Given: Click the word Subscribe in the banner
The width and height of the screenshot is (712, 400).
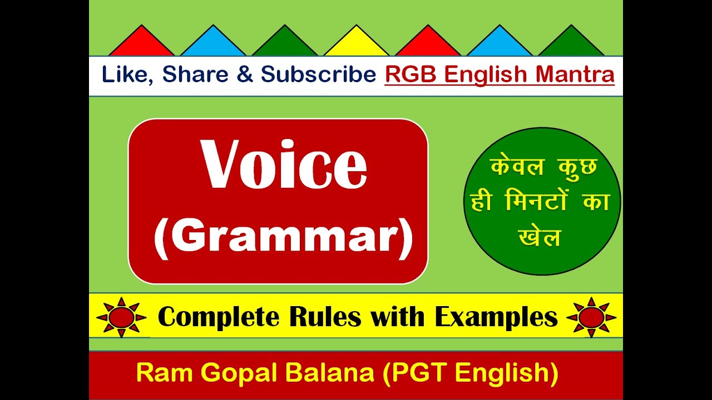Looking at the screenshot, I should pyautogui.click(x=319, y=75).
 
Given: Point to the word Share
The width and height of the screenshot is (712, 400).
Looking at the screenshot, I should pyautogui.click(x=195, y=75).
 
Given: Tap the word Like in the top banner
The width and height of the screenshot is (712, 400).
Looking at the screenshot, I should pyautogui.click(x=126, y=75).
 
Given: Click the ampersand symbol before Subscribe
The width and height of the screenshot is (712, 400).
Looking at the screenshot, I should pyautogui.click(x=244, y=75).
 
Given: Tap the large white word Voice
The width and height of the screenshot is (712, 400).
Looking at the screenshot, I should pyautogui.click(x=284, y=164).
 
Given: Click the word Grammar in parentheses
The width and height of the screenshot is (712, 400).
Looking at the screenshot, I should pyautogui.click(x=284, y=238).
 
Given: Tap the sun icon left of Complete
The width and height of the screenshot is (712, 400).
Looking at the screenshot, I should pyautogui.click(x=121, y=317).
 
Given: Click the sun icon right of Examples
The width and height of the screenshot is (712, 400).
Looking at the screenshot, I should pyautogui.click(x=591, y=317).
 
